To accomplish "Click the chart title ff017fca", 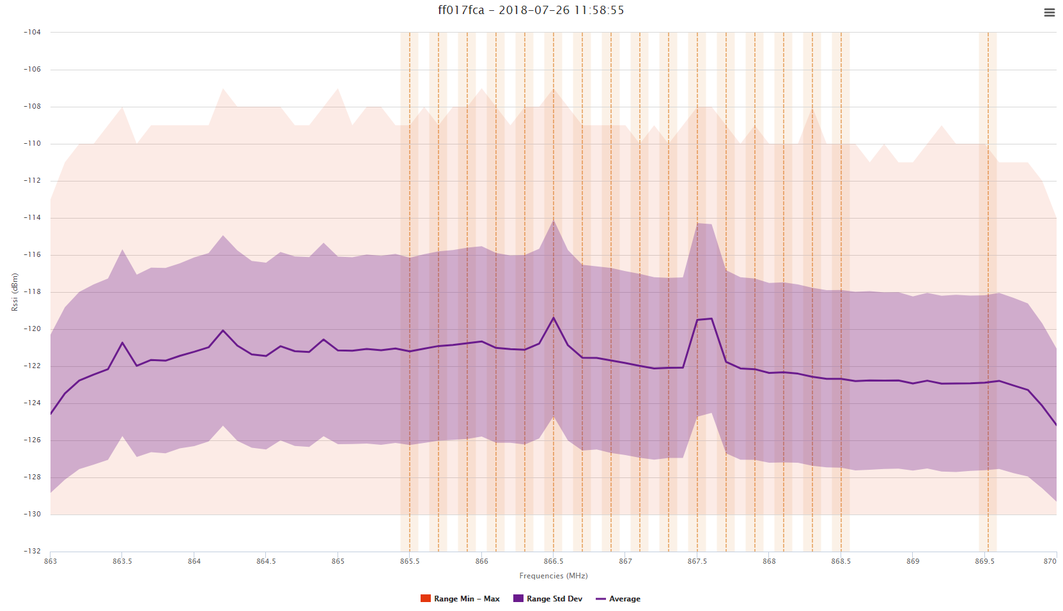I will click(531, 10).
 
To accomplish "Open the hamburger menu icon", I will click(1049, 13).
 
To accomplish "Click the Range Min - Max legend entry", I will click(460, 599).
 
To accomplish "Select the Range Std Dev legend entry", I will click(548, 599).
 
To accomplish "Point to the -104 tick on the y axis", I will click(32, 32).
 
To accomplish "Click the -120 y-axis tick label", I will click(32, 329).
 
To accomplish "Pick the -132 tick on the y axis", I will click(32, 551).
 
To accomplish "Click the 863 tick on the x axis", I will click(50, 561).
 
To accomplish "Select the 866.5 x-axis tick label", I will click(554, 561).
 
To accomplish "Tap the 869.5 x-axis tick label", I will click(984, 561).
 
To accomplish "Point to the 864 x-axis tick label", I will click(194, 561).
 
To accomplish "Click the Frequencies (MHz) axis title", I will click(554, 576).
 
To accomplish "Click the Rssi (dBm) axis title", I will click(15, 292).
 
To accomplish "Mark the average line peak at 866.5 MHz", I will click(554, 318).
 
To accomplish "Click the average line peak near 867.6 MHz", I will click(711, 318).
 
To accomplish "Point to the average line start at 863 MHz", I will click(51, 414).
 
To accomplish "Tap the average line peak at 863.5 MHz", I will click(122, 343).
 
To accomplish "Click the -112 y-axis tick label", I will click(32, 180).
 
